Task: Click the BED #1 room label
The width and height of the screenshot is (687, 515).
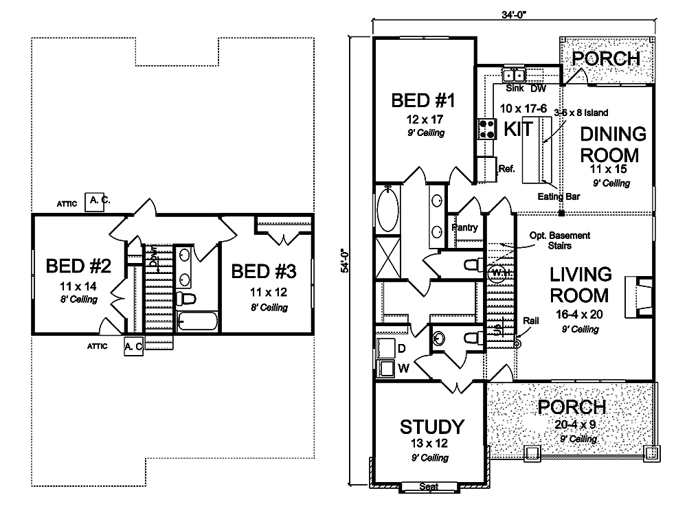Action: coord(424,101)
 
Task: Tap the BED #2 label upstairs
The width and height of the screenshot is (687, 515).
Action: coord(75,266)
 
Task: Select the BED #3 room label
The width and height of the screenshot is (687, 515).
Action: coord(264,271)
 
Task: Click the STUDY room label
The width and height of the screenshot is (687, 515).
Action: coord(431,427)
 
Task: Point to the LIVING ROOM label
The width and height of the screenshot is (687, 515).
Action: coord(581,285)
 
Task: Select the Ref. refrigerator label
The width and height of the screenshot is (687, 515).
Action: coord(506,167)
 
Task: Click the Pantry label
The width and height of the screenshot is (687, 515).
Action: coord(465,227)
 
